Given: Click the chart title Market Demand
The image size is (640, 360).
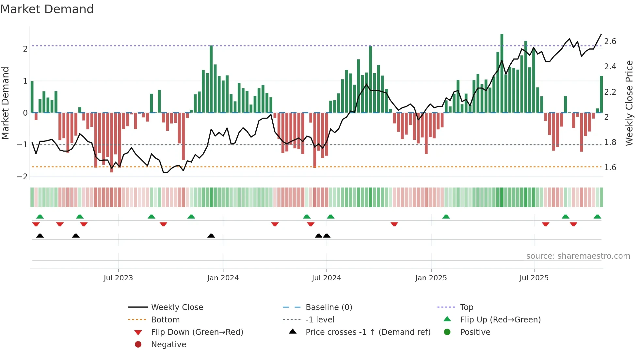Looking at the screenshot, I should (x=47, y=9).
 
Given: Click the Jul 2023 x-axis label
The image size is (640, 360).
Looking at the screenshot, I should (x=118, y=278).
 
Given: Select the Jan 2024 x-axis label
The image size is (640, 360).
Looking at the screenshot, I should (x=223, y=278).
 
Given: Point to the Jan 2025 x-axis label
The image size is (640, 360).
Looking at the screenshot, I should (x=431, y=278).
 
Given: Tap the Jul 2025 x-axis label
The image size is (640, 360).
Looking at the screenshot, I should (x=534, y=278).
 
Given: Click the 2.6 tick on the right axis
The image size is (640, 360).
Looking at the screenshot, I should (x=610, y=41).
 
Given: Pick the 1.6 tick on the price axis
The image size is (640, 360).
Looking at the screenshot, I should (x=610, y=168).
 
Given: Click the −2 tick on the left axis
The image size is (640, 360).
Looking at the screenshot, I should (x=23, y=177).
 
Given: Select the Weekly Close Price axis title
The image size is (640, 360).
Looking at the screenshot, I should (x=629, y=103).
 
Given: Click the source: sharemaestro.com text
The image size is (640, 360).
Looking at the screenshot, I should (x=578, y=256).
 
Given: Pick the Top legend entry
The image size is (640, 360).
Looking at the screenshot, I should (x=467, y=307).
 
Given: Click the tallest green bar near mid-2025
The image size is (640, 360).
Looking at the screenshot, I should (x=502, y=74).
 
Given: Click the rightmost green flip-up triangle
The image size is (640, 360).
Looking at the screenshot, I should (x=597, y=217).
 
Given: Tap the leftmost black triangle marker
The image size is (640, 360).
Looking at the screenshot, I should (x=40, y=236).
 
